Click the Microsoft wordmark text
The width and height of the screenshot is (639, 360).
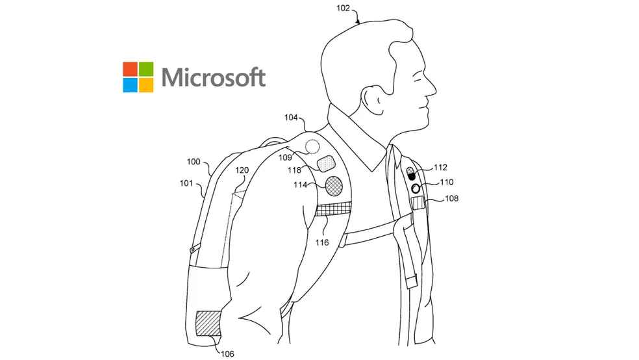[x=214, y=77]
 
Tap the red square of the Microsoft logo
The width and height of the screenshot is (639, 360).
[x=130, y=69]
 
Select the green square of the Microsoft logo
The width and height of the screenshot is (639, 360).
[x=146, y=69]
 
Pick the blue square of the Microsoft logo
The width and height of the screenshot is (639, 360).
[x=130, y=85]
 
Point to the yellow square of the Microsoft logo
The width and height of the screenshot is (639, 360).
[x=146, y=85]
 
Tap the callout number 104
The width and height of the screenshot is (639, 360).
[x=291, y=118]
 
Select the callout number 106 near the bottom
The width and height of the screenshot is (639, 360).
[x=227, y=354]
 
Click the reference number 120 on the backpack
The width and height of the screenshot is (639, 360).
[x=242, y=170]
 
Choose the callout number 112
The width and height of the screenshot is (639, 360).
[x=440, y=168]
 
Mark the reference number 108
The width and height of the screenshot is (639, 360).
[x=451, y=199]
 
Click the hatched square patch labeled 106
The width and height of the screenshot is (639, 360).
[x=208, y=322]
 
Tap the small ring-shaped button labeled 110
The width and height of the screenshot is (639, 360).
[x=415, y=188]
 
